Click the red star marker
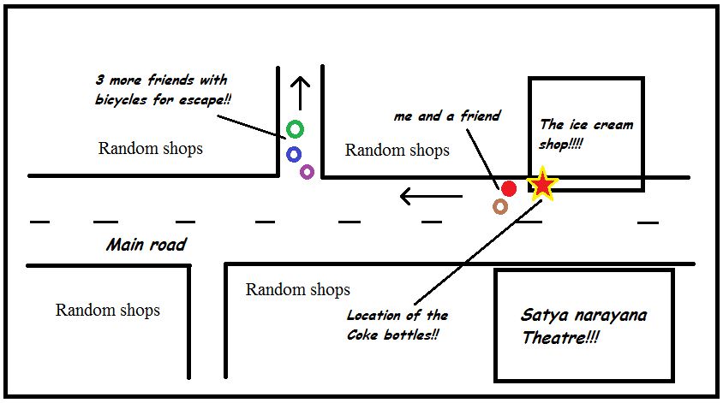click(543, 184)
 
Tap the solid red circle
click(509, 188)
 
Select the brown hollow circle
click(500, 206)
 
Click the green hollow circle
click(295, 129)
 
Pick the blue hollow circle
click(294, 155)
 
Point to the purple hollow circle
click(307, 172)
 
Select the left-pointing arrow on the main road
click(430, 198)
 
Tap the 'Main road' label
click(146, 246)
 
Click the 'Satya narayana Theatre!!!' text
click(583, 326)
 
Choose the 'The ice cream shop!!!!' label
click(586, 134)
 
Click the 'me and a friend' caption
click(446, 116)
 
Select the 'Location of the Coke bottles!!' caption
click(397, 326)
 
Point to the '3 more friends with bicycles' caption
click(162, 90)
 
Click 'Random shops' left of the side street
click(151, 148)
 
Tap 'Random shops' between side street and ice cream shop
click(397, 151)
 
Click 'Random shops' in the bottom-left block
click(108, 310)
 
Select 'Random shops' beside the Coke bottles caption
click(297, 289)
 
